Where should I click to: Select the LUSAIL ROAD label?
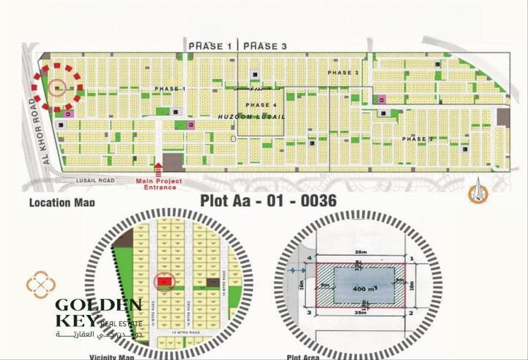tap(95, 181)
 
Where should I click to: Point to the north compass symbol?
tap(478, 192)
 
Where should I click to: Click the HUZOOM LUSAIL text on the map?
tap(252, 117)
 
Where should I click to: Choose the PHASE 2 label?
tap(418, 139)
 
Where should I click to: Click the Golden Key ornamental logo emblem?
tap(41, 284)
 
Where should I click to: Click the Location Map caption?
tap(62, 203)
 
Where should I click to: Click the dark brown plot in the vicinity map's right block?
tap(213, 282)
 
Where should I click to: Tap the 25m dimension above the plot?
tap(361, 252)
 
